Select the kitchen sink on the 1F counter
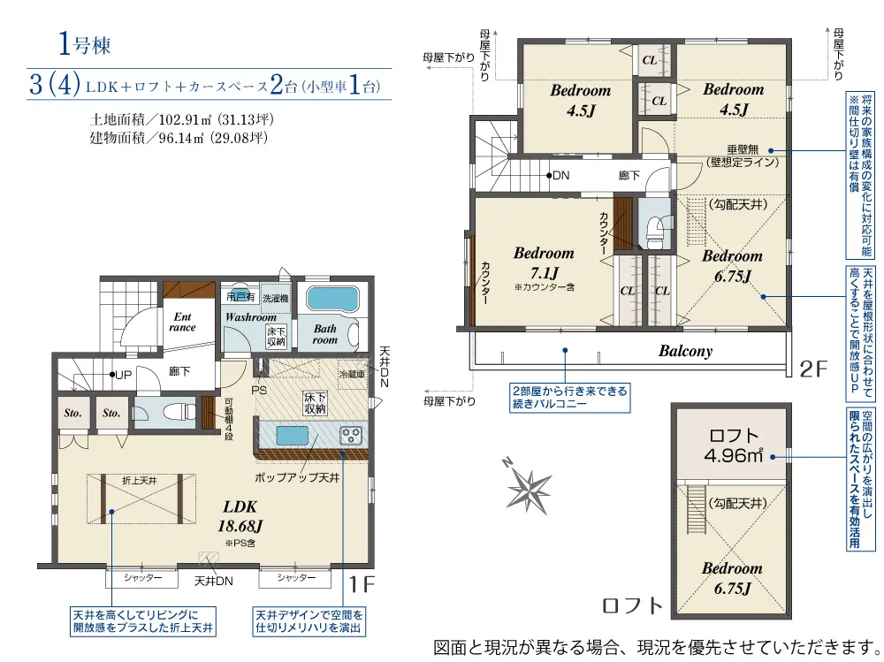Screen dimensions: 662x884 tap(290, 436)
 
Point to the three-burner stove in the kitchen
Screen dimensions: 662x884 tap(351, 435)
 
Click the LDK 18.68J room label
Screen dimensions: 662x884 tap(240, 516)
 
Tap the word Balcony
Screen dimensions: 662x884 tap(685, 351)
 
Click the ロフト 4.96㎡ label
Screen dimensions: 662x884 tap(734, 445)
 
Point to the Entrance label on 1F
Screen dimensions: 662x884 tap(183, 322)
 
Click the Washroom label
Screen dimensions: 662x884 tap(250, 316)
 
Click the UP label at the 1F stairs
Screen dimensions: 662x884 tap(121, 375)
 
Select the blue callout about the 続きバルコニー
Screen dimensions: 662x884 tap(569, 398)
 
